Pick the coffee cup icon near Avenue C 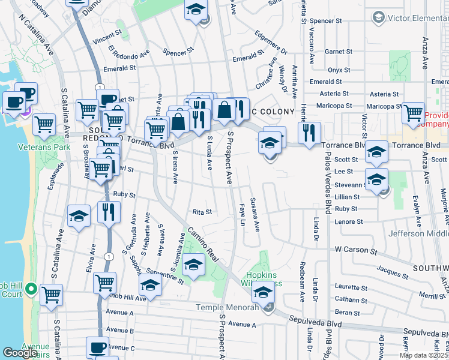click(97, 347)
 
